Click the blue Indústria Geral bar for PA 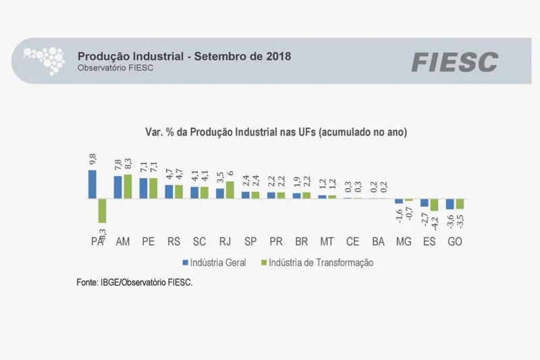92,184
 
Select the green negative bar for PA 102,211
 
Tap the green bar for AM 128,186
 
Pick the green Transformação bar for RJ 230,190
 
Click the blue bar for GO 450,204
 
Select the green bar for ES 434,205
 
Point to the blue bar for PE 143,188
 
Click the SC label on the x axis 199,241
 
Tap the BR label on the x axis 302,241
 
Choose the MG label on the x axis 404,241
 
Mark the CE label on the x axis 352,241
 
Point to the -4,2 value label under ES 435,222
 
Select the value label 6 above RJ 230,174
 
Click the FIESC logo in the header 454,62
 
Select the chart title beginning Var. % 275,132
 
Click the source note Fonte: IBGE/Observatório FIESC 134,282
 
